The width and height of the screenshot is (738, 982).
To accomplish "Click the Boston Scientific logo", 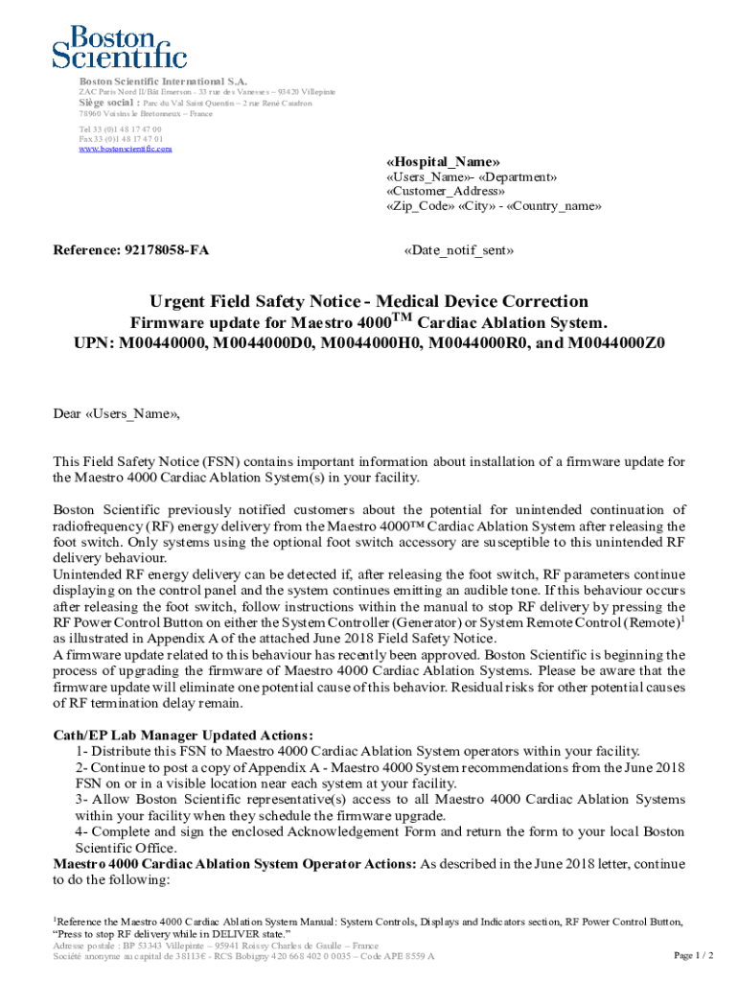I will point(120,47).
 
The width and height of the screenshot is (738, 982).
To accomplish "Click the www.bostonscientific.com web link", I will point(126,149).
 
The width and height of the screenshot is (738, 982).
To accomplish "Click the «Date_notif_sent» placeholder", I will point(459,250).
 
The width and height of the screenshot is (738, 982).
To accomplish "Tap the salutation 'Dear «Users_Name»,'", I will point(116,415).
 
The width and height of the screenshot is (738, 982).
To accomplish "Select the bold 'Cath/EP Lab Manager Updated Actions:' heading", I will point(183,735).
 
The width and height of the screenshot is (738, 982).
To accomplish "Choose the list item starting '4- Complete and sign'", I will point(380,832).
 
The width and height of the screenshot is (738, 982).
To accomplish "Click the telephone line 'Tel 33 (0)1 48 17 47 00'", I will point(120,129).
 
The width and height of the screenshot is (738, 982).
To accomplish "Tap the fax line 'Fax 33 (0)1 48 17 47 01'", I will point(120,139).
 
